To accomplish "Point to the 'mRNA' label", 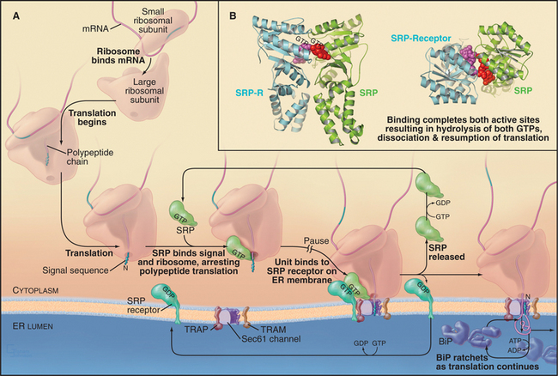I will (x=72, y=27).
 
